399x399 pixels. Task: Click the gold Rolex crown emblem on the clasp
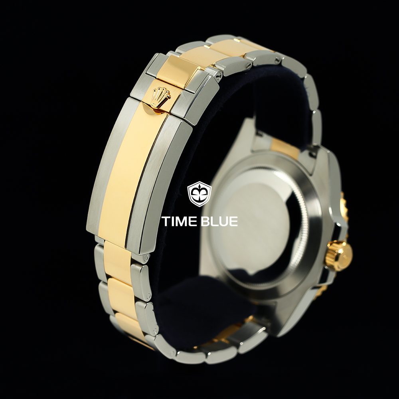[x=160, y=97]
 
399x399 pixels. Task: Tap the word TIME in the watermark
[x=178, y=221]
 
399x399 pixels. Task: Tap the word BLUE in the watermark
[x=219, y=221]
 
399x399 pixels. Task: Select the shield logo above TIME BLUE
[x=199, y=194]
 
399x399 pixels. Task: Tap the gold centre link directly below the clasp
[x=118, y=260]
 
